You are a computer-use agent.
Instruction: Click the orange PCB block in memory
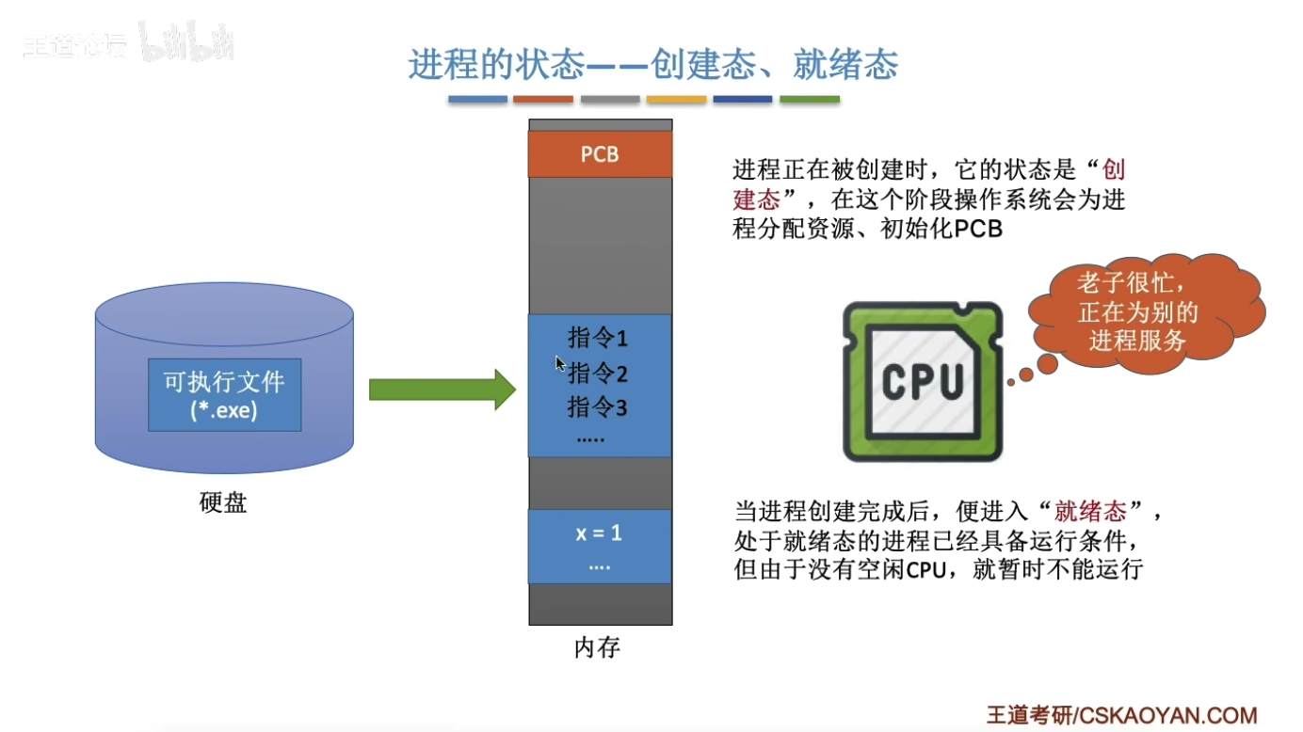click(x=600, y=153)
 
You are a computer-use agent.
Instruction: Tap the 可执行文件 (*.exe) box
click(x=224, y=395)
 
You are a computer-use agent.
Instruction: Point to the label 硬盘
click(x=223, y=503)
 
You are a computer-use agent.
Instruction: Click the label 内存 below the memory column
click(x=598, y=648)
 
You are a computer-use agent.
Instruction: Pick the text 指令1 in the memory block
click(x=598, y=338)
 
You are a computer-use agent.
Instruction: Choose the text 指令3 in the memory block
click(x=598, y=407)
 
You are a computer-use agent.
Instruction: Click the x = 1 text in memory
click(x=599, y=533)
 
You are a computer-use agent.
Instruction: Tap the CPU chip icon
click(x=922, y=381)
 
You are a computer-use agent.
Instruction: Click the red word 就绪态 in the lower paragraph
click(x=1090, y=512)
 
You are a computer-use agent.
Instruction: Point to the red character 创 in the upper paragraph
click(x=1114, y=170)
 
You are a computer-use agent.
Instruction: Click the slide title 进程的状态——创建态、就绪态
click(x=652, y=65)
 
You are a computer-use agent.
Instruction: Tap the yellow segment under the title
click(x=676, y=99)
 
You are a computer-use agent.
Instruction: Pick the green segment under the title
click(x=810, y=99)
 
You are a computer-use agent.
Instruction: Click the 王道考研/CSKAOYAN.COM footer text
click(x=1121, y=714)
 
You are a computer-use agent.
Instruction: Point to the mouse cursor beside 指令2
click(x=560, y=363)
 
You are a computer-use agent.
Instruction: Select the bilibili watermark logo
click(x=186, y=43)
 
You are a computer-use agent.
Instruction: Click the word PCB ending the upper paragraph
click(x=978, y=229)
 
